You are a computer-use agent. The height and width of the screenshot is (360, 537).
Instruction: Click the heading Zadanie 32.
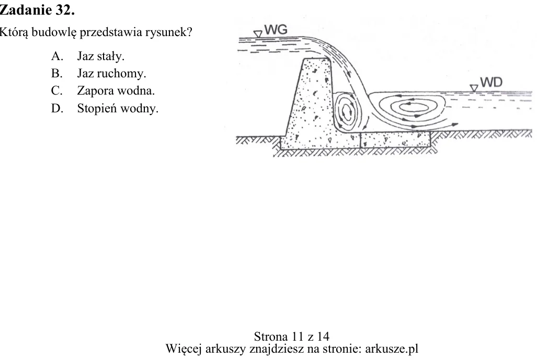point(37,10)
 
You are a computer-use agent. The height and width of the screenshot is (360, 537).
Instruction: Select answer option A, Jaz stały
point(88,56)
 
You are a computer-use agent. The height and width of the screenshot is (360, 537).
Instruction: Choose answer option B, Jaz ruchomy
point(99,73)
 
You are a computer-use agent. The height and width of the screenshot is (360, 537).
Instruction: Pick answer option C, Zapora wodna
point(103,91)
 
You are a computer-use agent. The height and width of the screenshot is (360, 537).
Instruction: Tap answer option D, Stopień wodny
point(105,108)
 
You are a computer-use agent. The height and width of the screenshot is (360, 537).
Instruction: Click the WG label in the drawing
point(276,30)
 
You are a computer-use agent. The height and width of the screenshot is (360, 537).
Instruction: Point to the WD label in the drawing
point(491,82)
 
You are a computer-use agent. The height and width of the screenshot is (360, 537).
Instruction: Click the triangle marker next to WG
point(258,34)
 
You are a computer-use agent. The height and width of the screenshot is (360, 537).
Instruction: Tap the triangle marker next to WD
point(474,88)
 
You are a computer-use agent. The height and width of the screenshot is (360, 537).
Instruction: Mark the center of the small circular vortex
point(347,112)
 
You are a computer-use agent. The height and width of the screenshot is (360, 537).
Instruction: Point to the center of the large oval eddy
point(414,107)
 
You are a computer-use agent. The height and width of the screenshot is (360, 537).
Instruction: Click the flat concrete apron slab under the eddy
point(395,140)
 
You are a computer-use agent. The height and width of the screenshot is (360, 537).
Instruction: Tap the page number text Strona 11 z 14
point(292,336)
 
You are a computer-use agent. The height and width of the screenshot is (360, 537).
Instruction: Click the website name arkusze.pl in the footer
point(392,349)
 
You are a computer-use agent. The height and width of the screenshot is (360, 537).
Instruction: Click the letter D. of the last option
point(57,108)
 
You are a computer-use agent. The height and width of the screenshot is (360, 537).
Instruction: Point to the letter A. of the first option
point(57,56)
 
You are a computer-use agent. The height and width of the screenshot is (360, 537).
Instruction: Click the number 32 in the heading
point(65,10)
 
